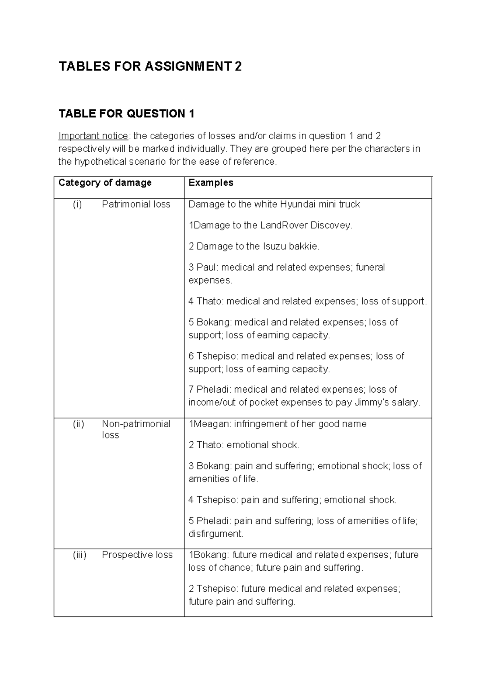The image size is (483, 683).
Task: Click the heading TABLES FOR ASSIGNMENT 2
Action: point(150,66)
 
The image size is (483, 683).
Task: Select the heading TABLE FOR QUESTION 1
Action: point(126,114)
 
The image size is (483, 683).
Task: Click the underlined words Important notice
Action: point(93,136)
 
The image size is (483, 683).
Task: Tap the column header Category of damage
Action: point(105,183)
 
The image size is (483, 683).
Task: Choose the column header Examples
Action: point(211,183)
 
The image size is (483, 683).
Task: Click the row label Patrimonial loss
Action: point(136,205)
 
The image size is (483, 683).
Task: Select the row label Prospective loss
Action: point(137,555)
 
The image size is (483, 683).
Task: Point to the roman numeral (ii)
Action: point(78,424)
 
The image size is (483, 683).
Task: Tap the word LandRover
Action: point(285,226)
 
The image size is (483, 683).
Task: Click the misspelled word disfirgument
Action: point(216,534)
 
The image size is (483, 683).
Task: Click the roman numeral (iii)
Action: point(79,555)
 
